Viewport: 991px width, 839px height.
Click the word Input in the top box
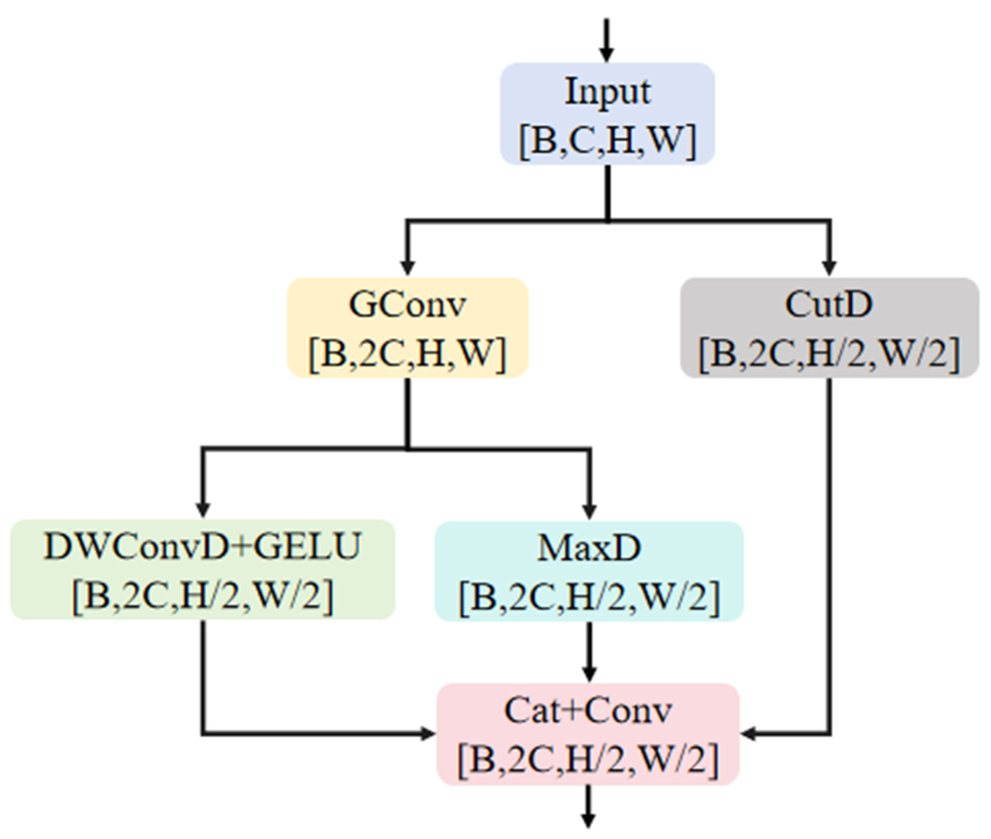607,91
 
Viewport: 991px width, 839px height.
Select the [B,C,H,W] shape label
607,141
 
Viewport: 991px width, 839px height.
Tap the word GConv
407,304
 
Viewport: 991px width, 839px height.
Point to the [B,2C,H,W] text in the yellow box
407,354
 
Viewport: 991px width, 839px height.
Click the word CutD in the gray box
828,304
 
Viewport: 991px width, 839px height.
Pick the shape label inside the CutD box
828,354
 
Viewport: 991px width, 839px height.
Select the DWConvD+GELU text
202,547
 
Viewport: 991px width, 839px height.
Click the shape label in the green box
202,596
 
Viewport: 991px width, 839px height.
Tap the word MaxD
589,548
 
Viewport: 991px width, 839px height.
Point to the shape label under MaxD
589,598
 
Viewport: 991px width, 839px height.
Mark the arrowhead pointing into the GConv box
407,267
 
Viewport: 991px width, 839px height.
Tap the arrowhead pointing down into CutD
829,267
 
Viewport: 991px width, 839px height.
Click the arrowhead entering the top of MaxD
590,510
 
